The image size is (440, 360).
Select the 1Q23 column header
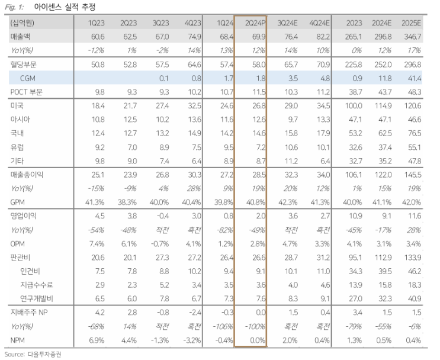[98, 23]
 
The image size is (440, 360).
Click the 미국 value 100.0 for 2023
[354, 105]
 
